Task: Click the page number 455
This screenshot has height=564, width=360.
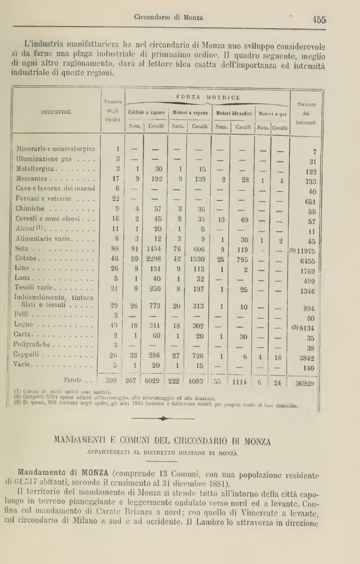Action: (318, 20)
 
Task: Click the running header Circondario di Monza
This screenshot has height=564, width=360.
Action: (168, 17)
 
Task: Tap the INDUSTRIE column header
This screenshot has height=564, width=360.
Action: (56, 111)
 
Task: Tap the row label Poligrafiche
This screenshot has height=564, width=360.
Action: (35, 344)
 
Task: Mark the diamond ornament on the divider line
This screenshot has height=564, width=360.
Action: (164, 419)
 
